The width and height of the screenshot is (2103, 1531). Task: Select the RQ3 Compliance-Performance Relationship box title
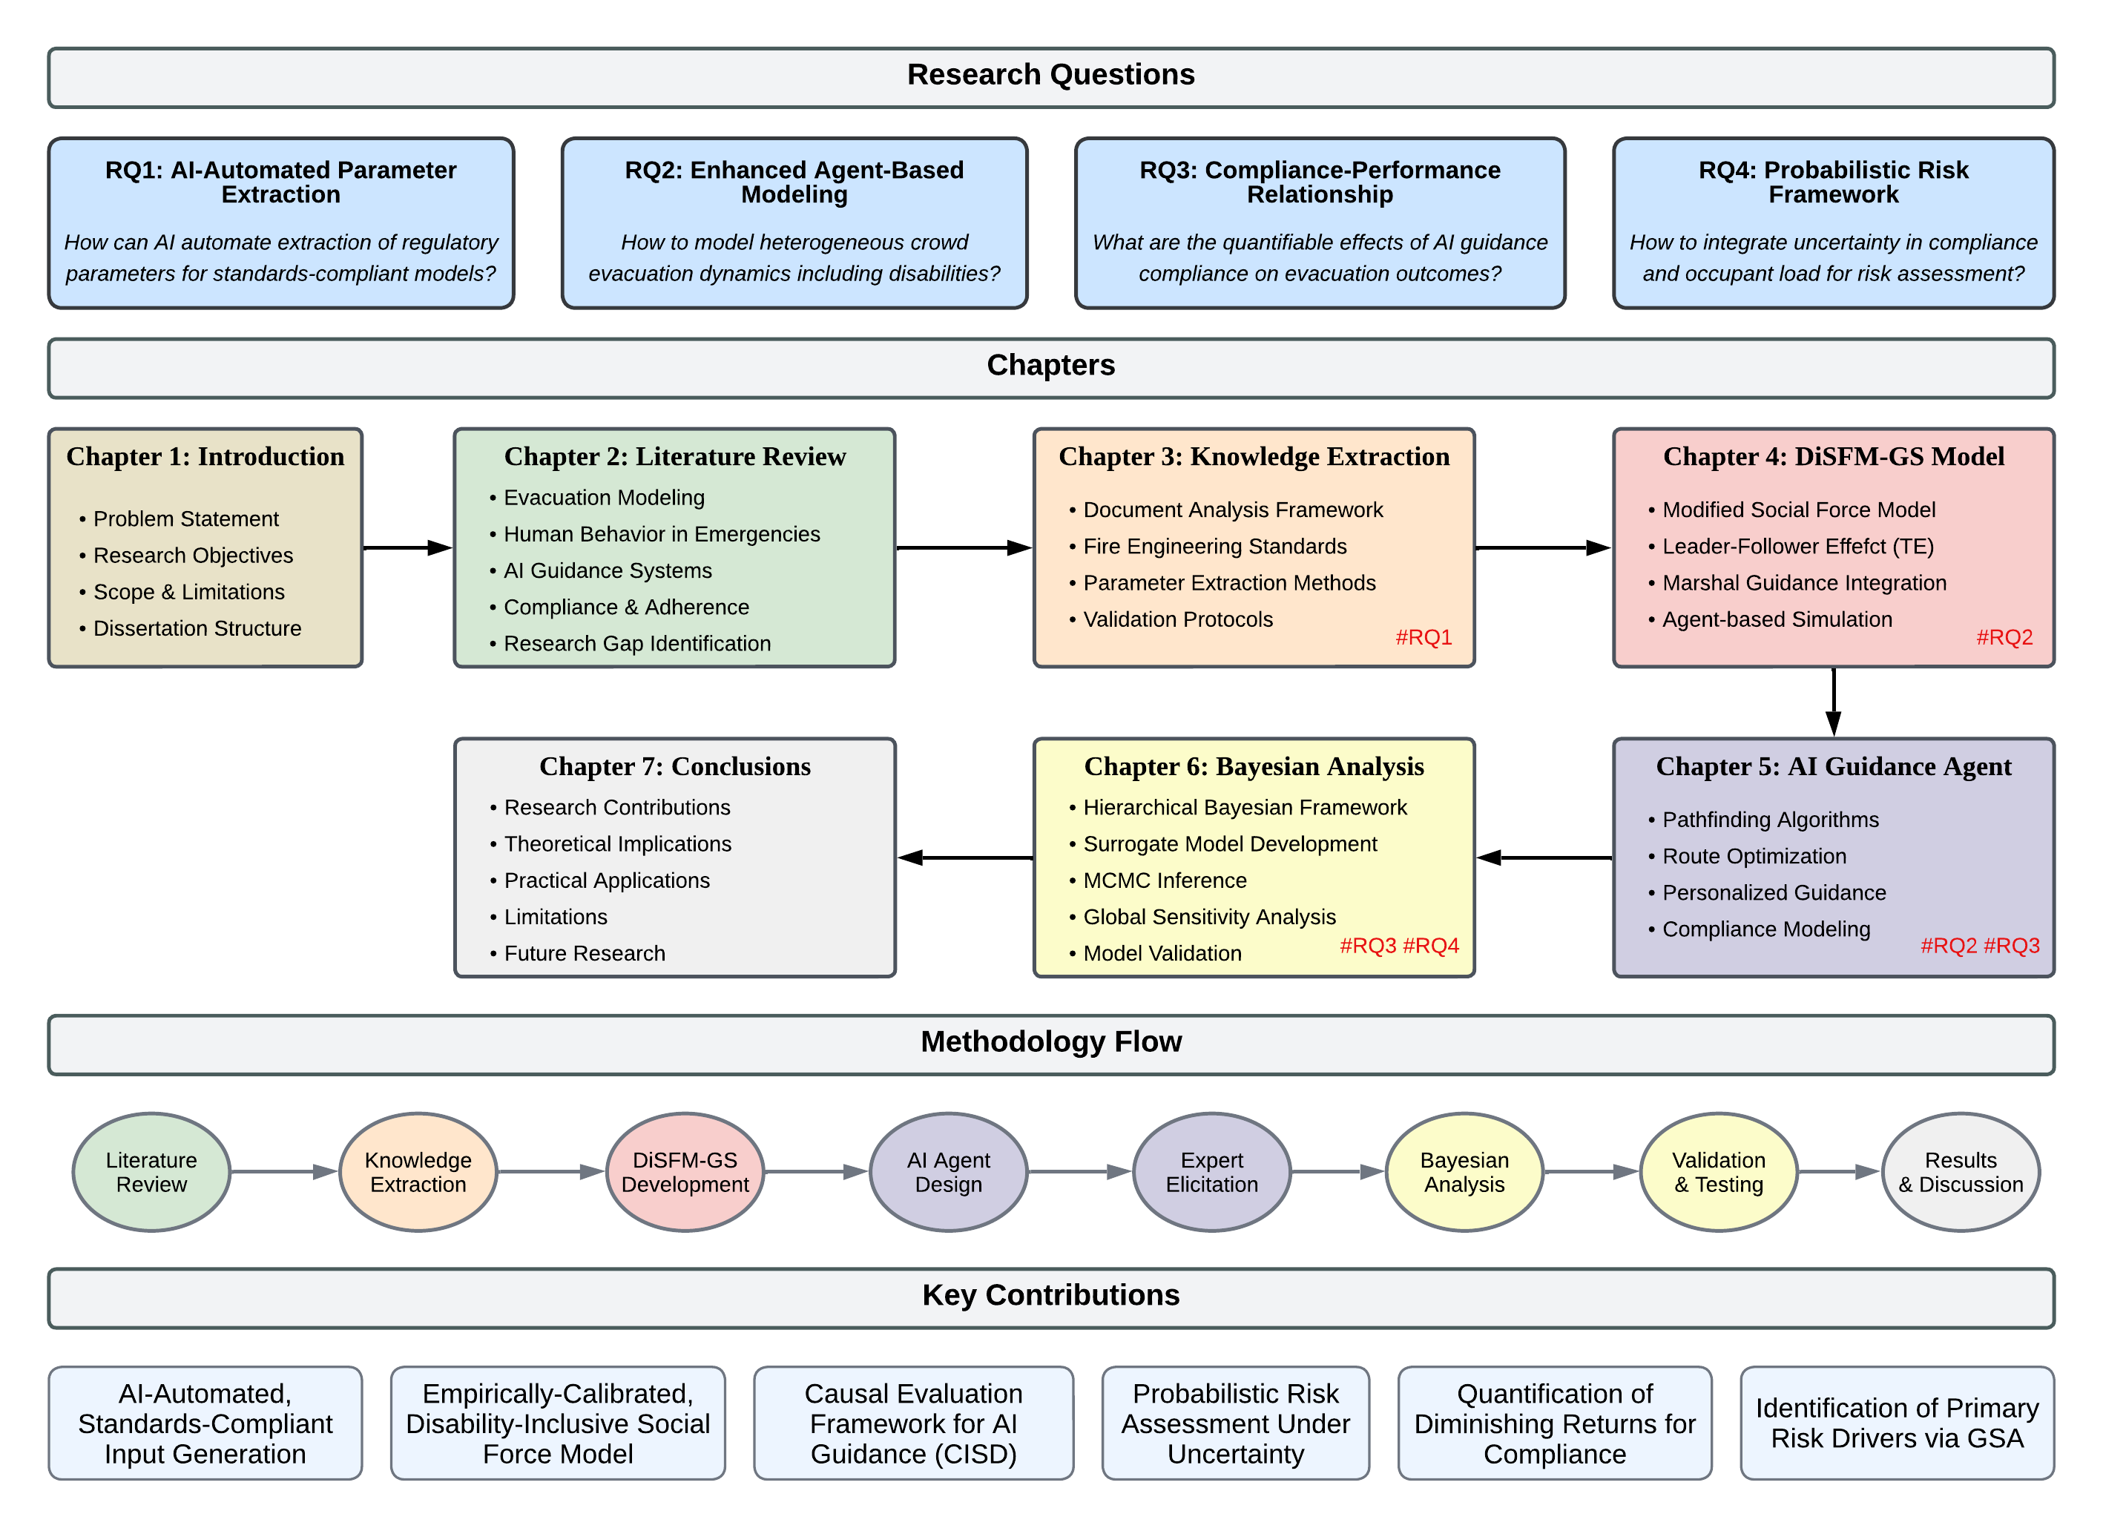click(1320, 182)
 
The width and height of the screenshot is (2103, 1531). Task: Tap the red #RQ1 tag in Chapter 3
click(1424, 637)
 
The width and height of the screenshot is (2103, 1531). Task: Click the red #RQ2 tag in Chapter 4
click(2004, 637)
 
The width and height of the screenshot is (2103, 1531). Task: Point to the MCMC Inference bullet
click(1164, 880)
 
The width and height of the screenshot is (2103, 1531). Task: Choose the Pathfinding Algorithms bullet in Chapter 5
click(1769, 820)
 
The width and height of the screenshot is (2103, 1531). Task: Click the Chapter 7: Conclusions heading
click(674, 766)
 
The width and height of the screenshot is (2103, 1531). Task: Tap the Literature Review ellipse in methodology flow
click(151, 1172)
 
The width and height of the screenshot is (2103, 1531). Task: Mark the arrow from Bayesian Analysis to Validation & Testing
click(1591, 1172)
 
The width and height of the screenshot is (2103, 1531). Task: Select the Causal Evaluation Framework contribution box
click(913, 1423)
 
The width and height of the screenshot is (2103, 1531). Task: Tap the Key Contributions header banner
click(1050, 1295)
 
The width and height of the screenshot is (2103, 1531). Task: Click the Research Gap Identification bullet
click(636, 644)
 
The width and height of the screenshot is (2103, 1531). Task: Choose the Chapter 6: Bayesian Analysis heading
click(1254, 766)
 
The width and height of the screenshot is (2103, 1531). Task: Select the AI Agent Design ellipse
click(948, 1172)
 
